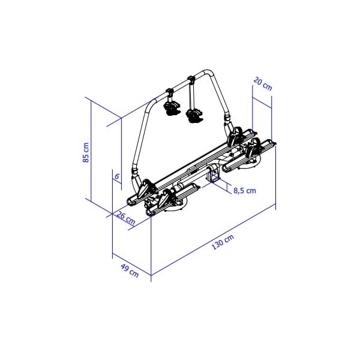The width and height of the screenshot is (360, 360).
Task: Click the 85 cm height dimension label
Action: point(86,152)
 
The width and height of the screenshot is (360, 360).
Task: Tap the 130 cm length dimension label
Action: point(223,242)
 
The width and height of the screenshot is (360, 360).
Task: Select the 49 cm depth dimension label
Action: point(130,271)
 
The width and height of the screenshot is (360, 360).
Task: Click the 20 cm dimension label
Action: point(263,84)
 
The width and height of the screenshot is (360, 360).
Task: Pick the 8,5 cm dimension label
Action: point(245,191)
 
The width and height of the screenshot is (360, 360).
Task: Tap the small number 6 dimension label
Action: point(117,176)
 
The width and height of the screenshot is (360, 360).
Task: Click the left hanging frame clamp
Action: point(171,104)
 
